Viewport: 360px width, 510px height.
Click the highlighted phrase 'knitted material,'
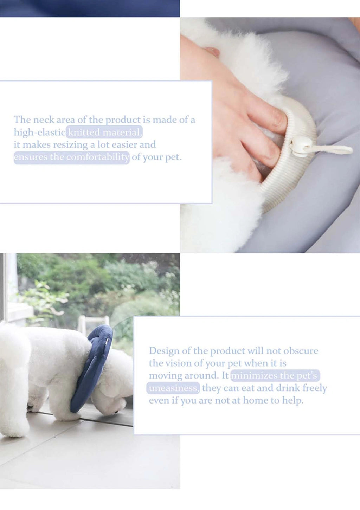point(104,132)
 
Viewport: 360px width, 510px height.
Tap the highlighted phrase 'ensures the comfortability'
point(71,157)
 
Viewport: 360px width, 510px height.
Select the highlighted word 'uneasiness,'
point(173,388)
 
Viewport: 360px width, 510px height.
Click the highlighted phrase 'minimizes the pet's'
point(275,375)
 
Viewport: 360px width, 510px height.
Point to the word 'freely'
point(315,388)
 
